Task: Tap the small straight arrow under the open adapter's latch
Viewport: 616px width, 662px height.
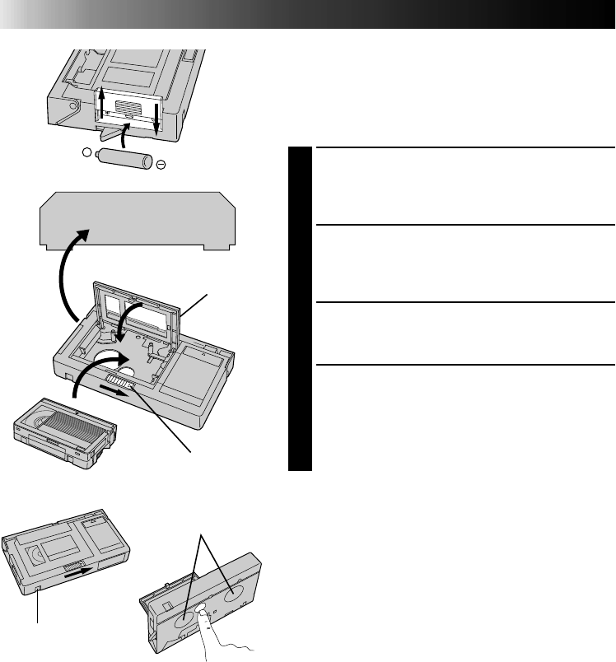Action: point(115,391)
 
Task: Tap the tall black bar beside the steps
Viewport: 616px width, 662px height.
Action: point(300,309)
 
